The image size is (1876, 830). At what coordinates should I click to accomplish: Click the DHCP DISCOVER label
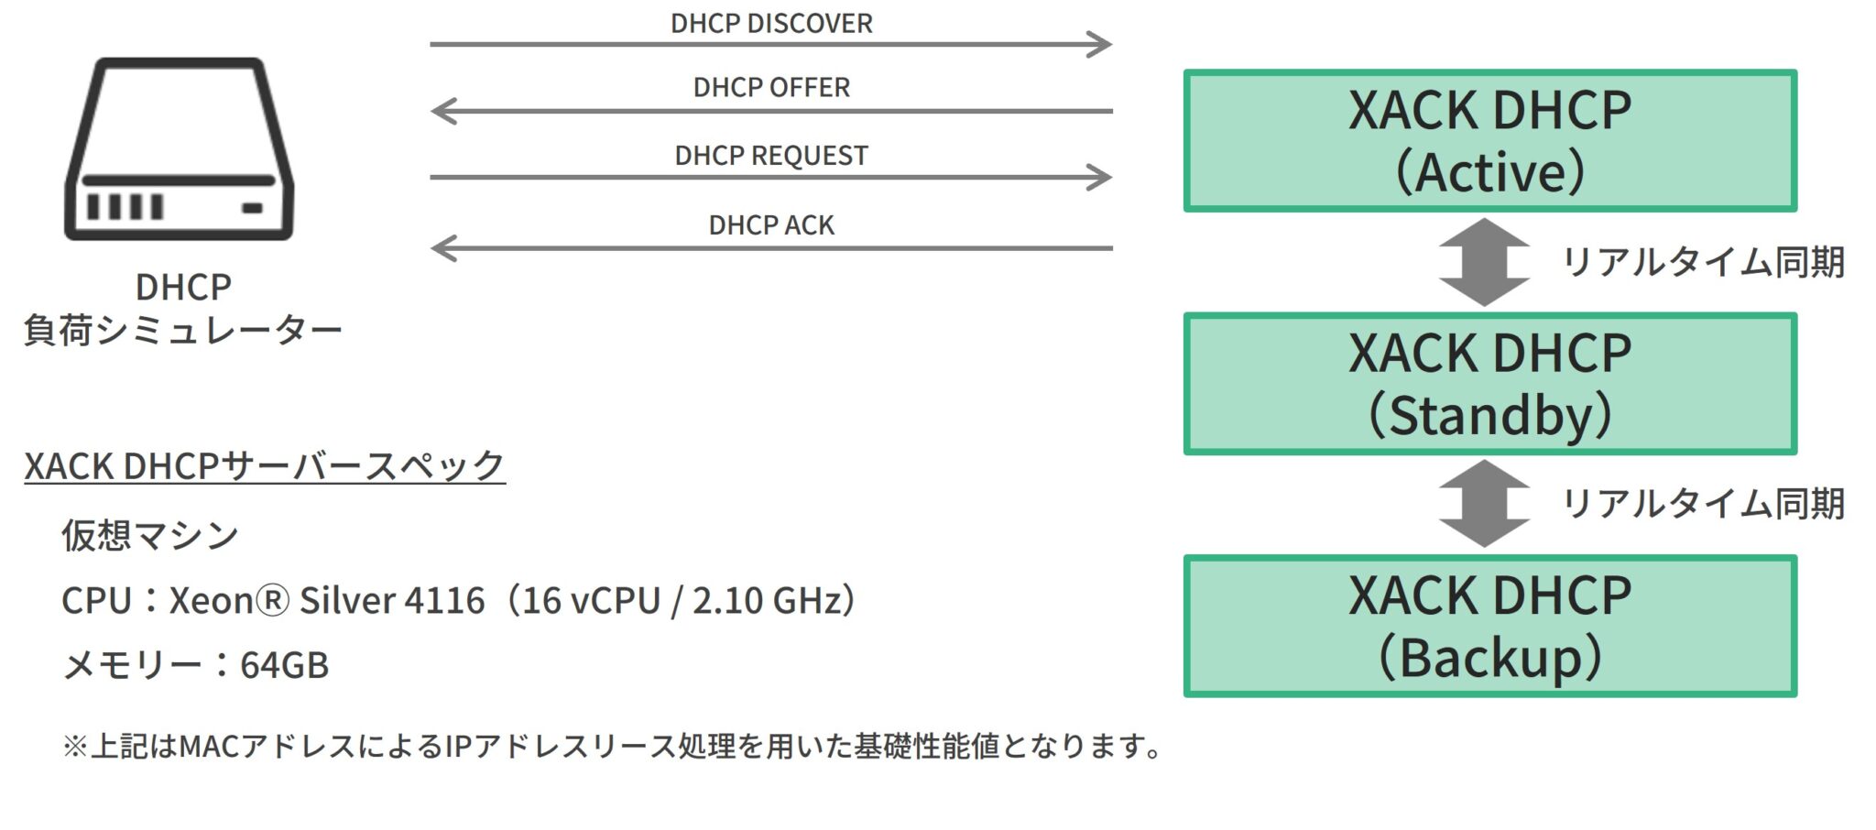click(x=771, y=23)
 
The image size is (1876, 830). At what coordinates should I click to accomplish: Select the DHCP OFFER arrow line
click(x=771, y=111)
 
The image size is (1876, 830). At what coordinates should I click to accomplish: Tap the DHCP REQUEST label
click(x=771, y=156)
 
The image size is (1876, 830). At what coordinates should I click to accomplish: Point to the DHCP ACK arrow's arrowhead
click(x=444, y=247)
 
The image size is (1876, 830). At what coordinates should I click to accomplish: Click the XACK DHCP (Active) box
click(x=1489, y=140)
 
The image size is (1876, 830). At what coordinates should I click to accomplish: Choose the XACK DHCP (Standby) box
click(x=1489, y=383)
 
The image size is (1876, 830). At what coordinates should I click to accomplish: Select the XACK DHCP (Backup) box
click(x=1489, y=626)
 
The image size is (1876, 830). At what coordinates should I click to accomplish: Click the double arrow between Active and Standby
click(x=1484, y=262)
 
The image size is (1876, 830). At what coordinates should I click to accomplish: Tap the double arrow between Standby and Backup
click(x=1484, y=504)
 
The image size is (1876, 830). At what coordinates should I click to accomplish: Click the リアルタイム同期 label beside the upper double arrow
click(x=1702, y=262)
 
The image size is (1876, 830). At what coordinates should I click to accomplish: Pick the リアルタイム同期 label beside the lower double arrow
click(x=1702, y=504)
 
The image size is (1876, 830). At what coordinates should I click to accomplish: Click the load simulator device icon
click(x=180, y=149)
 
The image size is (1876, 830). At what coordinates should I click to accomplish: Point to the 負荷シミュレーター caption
click(x=182, y=330)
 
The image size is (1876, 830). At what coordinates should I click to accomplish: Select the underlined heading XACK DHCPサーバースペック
click(x=265, y=465)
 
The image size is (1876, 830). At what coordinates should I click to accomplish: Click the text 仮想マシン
click(x=150, y=535)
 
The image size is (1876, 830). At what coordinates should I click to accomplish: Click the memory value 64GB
click(x=284, y=665)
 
